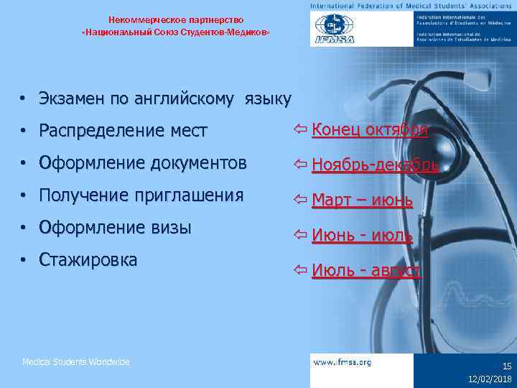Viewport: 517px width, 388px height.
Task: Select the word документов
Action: [x=198, y=163]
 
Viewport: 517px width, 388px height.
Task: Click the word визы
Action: [x=170, y=228]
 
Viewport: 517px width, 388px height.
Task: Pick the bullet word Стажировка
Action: [x=88, y=259]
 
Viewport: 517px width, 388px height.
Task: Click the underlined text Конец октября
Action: [x=370, y=130]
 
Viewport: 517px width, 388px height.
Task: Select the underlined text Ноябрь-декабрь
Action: [x=375, y=165]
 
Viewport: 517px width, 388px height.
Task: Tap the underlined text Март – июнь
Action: [x=362, y=200]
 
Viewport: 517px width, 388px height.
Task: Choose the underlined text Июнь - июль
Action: [x=362, y=235]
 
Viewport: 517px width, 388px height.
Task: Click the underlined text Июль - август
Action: [x=366, y=270]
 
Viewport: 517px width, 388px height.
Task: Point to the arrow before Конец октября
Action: [x=301, y=130]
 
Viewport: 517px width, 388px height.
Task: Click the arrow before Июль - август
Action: [x=301, y=270]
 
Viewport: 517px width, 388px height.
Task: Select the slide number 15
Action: [x=506, y=366]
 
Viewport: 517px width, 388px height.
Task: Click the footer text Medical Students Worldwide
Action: [x=76, y=362]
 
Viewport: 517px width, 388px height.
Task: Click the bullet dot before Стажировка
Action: [x=24, y=260]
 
